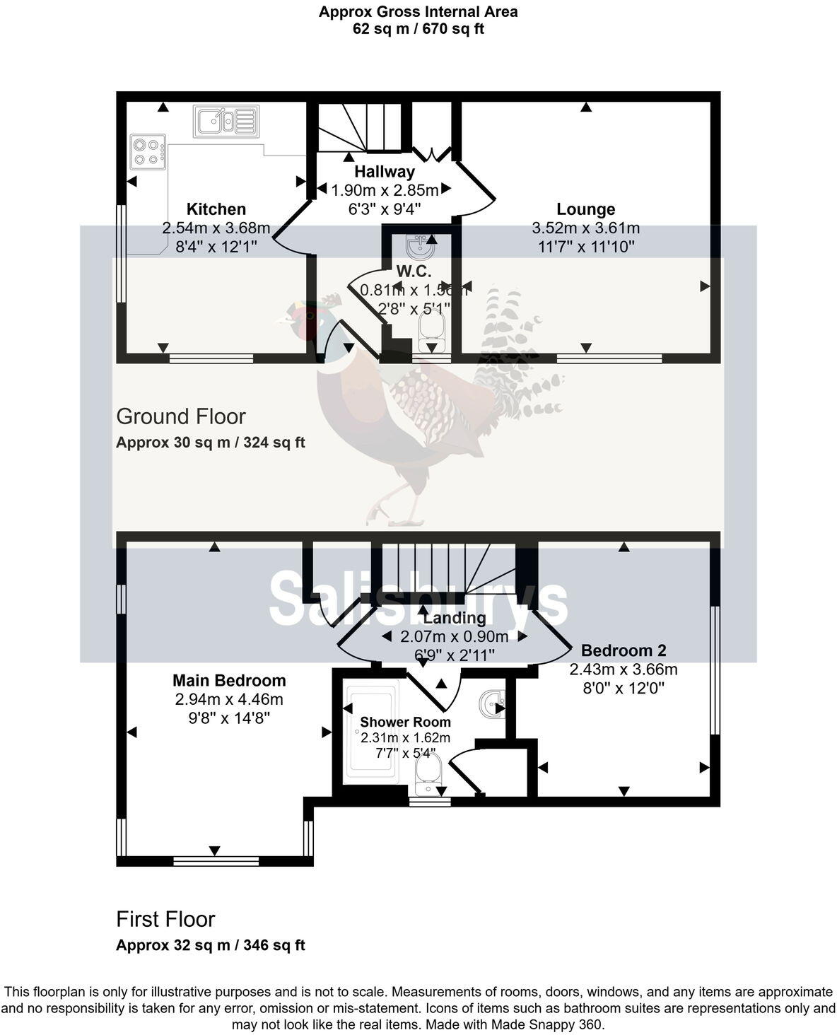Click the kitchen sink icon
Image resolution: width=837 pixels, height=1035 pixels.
(226, 120)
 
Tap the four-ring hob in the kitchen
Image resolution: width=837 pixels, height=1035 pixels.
(148, 151)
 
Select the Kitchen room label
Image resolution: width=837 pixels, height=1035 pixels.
(216, 209)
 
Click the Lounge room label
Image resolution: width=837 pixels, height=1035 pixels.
(585, 209)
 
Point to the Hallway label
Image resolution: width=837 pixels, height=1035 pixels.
(384, 171)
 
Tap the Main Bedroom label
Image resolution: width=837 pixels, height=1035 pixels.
(229, 680)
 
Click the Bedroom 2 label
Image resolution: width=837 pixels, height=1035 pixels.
(623, 650)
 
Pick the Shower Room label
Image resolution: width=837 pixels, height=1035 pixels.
(405, 722)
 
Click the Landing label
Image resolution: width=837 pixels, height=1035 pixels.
(455, 618)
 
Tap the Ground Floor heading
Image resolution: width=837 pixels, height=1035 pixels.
(181, 416)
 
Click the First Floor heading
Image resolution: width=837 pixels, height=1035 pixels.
(165, 919)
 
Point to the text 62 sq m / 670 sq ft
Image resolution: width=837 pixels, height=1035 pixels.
(418, 29)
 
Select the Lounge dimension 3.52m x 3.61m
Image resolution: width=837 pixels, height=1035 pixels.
(585, 228)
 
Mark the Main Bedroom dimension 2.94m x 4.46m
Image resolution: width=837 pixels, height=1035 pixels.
(229, 699)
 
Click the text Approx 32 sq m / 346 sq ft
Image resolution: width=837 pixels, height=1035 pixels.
(210, 945)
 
